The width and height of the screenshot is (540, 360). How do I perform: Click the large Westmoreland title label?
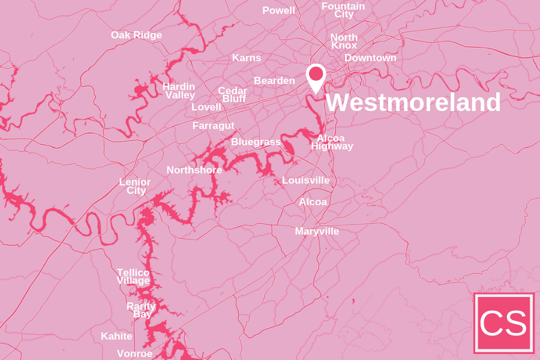pyautogui.click(x=413, y=103)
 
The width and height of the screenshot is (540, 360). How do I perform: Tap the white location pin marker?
pyautogui.click(x=316, y=76)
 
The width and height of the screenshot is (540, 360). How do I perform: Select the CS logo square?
pyautogui.click(x=503, y=323)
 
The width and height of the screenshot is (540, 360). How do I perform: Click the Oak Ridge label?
pyautogui.click(x=136, y=35)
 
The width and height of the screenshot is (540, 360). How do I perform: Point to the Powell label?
pyautogui.click(x=278, y=11)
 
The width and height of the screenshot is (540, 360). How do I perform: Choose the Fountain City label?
pyautogui.click(x=343, y=10)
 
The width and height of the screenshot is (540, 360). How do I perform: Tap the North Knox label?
pyautogui.click(x=344, y=41)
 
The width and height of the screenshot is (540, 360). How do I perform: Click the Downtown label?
pyautogui.click(x=370, y=58)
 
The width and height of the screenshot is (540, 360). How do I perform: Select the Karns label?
pyautogui.click(x=247, y=58)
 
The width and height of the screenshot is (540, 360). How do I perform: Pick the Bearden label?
pyautogui.click(x=274, y=80)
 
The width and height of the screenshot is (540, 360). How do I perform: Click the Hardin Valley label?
pyautogui.click(x=179, y=91)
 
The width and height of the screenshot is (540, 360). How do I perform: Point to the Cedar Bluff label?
pyautogui.click(x=233, y=95)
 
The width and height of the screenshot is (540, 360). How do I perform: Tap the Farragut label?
pyautogui.click(x=213, y=126)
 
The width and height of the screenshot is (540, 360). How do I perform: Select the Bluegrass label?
pyautogui.click(x=256, y=142)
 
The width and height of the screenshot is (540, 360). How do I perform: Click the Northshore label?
pyautogui.click(x=194, y=170)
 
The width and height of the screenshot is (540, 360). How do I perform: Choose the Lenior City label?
pyautogui.click(x=135, y=186)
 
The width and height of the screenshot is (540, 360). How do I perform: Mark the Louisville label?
pyautogui.click(x=305, y=181)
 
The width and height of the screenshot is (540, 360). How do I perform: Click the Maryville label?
pyautogui.click(x=317, y=232)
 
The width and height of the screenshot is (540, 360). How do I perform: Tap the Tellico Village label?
pyautogui.click(x=133, y=277)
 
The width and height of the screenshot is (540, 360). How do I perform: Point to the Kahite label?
pyautogui.click(x=116, y=337)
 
